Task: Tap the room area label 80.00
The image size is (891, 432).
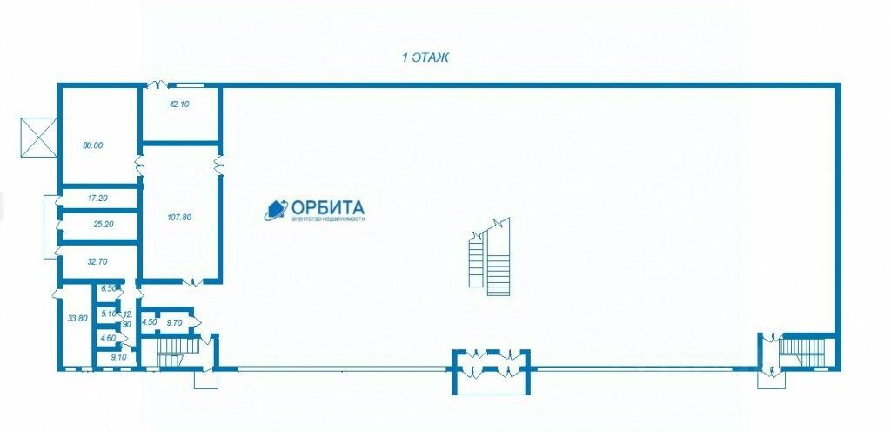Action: tap(93, 145)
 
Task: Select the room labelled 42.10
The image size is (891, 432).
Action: tap(178, 104)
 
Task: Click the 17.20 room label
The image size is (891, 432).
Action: tap(97, 199)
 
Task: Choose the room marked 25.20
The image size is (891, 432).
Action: tap(104, 224)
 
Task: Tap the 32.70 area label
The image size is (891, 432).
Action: tap(98, 261)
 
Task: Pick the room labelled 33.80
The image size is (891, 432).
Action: tap(77, 318)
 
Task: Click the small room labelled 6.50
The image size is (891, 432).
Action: tap(109, 288)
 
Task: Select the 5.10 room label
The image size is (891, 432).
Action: tap(109, 314)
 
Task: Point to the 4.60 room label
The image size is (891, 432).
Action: tap(108, 337)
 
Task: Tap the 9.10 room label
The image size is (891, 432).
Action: tap(117, 356)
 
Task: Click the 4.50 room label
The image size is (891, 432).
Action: tap(149, 322)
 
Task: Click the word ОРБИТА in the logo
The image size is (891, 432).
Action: tap(327, 207)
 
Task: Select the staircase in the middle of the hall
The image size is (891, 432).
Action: tap(488, 257)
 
